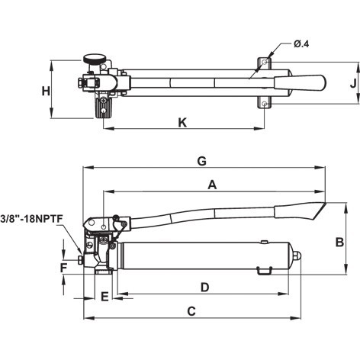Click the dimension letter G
[201, 161]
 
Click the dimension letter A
[212, 185]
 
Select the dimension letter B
[339, 242]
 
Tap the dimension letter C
[191, 311]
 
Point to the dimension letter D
[205, 288]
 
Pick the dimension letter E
[104, 297]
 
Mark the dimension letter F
[63, 268]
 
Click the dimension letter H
[46, 91]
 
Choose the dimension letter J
[353, 83]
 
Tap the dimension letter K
[182, 123]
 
